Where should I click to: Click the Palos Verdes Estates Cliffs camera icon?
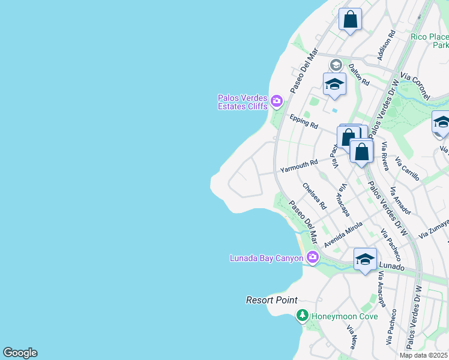click(277, 101)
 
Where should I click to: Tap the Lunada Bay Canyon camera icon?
click(312, 258)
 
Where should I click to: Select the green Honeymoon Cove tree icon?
click(303, 316)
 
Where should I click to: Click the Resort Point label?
click(271, 300)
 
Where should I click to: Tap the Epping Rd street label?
click(303, 121)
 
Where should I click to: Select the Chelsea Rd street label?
click(314, 196)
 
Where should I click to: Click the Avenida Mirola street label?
click(343, 234)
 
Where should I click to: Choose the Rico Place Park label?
click(430, 41)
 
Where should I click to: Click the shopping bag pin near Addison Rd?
click(350, 19)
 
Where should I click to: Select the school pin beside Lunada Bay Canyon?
click(365, 260)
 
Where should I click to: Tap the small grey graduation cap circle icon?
click(336, 64)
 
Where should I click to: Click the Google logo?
click(20, 353)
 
